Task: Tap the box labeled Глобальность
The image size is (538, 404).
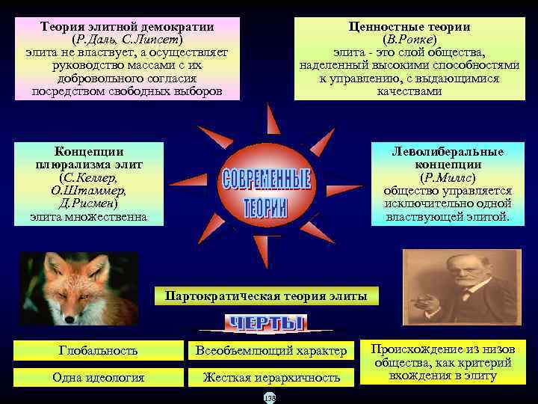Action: (99, 350)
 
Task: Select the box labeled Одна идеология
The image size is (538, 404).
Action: (99, 378)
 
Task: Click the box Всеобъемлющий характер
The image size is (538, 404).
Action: (271, 350)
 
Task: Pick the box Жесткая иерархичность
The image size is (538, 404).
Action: (271, 378)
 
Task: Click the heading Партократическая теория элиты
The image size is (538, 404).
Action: (266, 296)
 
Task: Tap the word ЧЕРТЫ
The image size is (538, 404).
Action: (265, 323)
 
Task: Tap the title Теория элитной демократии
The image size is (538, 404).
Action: (127, 26)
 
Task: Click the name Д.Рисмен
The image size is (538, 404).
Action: (88, 203)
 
